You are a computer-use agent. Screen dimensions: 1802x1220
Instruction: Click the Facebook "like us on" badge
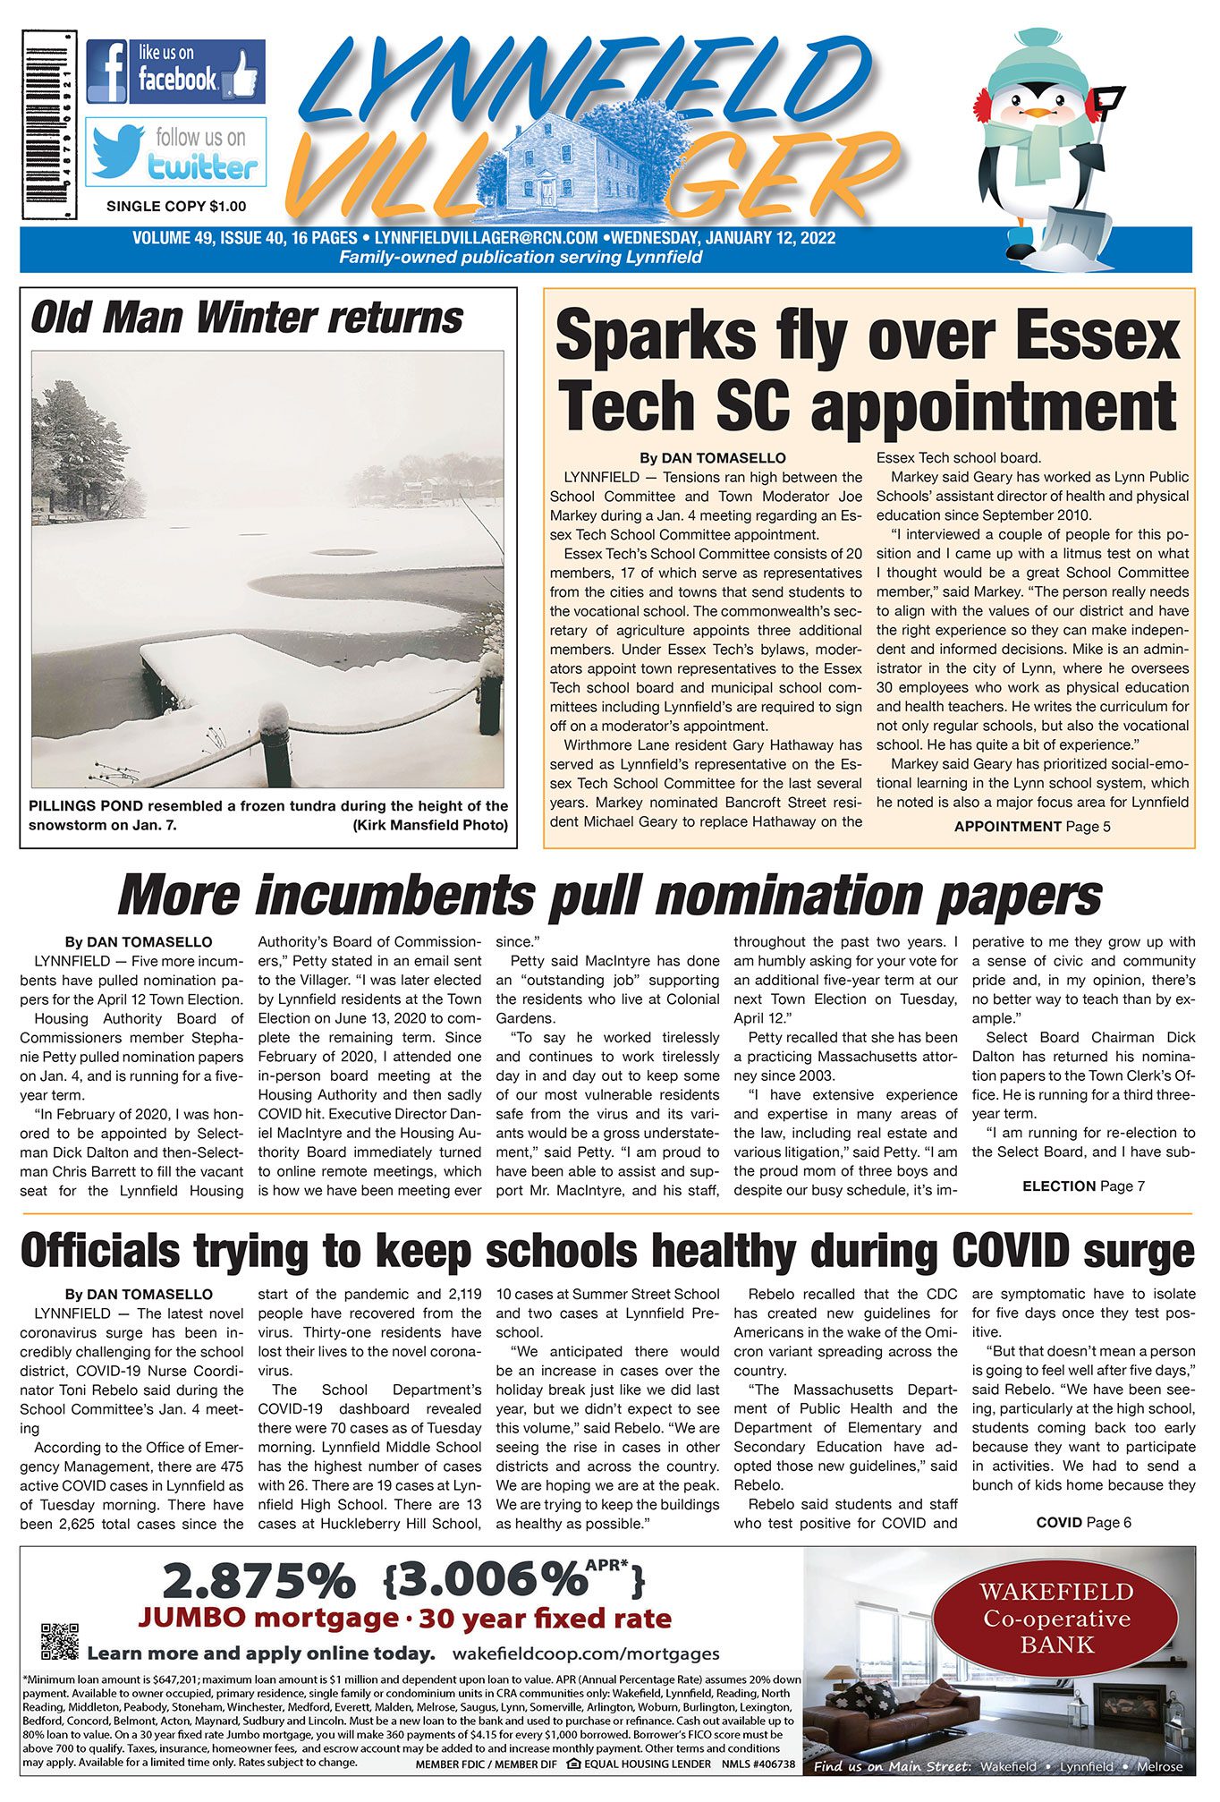pos(175,72)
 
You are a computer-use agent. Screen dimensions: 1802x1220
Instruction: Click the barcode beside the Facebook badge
pos(49,124)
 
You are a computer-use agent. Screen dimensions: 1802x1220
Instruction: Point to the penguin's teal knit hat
pos(1038,59)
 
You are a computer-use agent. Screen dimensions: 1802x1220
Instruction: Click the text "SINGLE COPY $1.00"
pos(176,207)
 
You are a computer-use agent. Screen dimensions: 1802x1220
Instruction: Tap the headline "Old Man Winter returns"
pos(247,319)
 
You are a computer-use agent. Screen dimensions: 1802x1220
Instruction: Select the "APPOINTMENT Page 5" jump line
pos(1031,827)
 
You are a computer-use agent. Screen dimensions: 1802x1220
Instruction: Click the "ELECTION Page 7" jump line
pos(1083,1186)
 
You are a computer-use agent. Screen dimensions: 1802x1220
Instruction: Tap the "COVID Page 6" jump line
pos(1083,1523)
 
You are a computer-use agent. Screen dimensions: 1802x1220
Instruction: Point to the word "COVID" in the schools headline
pos(1012,1251)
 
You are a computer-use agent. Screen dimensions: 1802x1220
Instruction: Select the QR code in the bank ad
pos(60,1641)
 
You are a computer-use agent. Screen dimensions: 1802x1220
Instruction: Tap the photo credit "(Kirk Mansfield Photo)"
pos(430,825)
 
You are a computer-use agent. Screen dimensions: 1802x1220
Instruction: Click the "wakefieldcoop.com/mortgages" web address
pos(586,1653)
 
